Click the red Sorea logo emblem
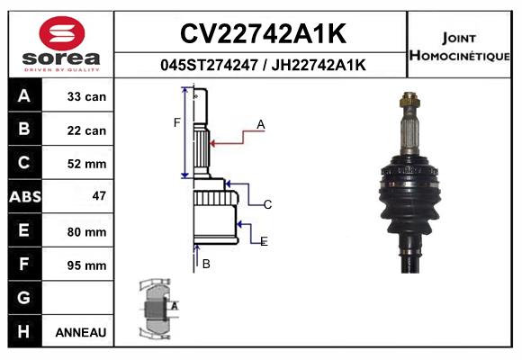click(62, 33)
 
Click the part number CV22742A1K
click(263, 33)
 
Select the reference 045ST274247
click(209, 65)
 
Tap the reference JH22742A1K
click(319, 65)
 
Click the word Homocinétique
click(459, 56)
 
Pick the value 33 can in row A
click(86, 96)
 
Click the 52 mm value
click(86, 164)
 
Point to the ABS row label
click(25, 197)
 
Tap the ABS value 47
click(99, 196)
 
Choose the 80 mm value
click(86, 232)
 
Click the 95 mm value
click(86, 265)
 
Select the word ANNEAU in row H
click(81, 332)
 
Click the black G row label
click(24, 297)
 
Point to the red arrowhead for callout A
click(212, 143)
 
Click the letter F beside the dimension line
click(176, 123)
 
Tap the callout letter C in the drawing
click(267, 204)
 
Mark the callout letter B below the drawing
click(206, 264)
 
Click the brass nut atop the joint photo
click(409, 99)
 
